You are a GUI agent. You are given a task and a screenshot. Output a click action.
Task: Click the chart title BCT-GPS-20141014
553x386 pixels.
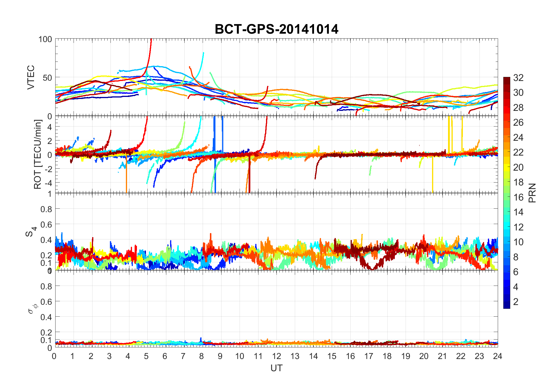[x=276, y=29]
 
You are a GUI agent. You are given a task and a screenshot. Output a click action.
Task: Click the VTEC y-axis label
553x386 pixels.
[x=31, y=77]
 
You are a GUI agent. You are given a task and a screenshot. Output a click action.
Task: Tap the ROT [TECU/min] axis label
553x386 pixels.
[x=38, y=154]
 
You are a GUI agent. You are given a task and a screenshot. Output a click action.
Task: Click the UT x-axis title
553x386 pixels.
[x=276, y=368]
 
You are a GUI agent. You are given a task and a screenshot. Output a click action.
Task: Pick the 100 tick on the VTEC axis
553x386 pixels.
[x=45, y=39]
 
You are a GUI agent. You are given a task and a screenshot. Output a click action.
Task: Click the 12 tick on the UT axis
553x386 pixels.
[x=276, y=356]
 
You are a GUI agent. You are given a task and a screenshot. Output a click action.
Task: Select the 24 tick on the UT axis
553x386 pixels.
[x=497, y=356]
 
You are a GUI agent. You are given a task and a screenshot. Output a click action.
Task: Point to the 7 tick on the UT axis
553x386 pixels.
[x=183, y=356]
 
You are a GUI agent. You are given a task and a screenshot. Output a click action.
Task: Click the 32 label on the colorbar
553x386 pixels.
[x=518, y=78]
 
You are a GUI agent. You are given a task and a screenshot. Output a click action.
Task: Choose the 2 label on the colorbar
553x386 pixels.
[x=516, y=302]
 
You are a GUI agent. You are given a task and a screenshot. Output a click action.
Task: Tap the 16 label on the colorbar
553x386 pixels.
[x=518, y=197]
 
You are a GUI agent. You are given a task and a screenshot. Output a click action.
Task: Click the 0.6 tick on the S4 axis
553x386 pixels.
[x=47, y=224]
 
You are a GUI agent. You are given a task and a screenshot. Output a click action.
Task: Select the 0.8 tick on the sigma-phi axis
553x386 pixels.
[x=47, y=286]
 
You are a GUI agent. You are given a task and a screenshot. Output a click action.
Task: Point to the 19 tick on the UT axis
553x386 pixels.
[x=405, y=356]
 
